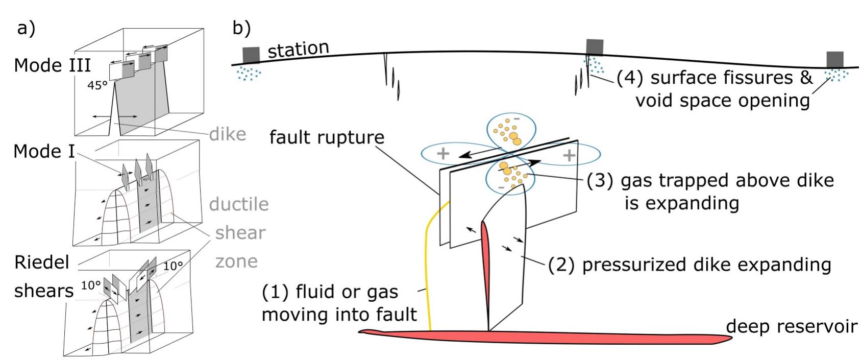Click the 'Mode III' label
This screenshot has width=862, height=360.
(x=52, y=66)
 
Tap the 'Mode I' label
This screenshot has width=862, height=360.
(x=45, y=152)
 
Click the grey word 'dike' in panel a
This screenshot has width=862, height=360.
(x=228, y=134)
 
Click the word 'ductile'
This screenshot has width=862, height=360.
(x=239, y=204)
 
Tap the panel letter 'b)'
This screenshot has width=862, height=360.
(x=241, y=28)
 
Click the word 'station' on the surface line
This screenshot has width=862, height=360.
(x=298, y=50)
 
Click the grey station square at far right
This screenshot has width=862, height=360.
(x=835, y=59)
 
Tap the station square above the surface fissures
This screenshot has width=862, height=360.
(x=595, y=47)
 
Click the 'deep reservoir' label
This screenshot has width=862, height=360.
(x=792, y=326)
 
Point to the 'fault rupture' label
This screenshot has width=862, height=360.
(x=327, y=137)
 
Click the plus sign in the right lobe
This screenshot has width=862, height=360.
(x=569, y=155)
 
